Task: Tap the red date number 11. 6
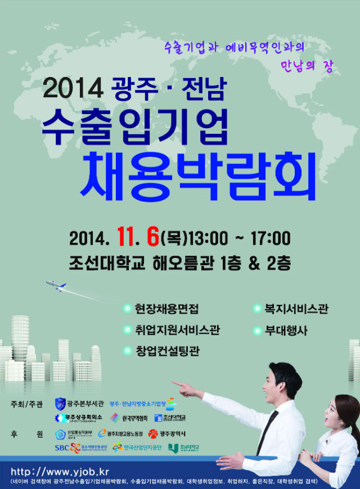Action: pyautogui.click(x=138, y=237)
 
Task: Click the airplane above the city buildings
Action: pyautogui.click(x=56, y=286)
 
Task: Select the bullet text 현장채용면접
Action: pyautogui.click(x=166, y=309)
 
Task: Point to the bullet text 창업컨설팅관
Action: pyautogui.click(x=166, y=351)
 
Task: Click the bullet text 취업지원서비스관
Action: pyautogui.click(x=177, y=330)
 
